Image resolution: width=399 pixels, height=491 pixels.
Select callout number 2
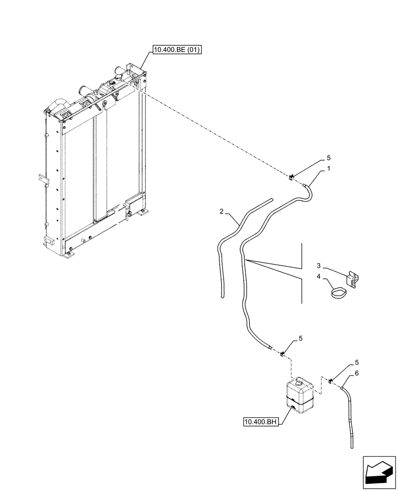(x=222, y=211)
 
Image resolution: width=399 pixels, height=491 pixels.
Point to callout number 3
(x=318, y=265)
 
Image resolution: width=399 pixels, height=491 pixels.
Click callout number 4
(x=318, y=277)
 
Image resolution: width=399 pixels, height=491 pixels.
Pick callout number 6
(x=357, y=373)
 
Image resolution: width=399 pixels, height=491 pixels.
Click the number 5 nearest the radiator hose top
(x=329, y=158)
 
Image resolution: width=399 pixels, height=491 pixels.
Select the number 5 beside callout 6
(x=357, y=363)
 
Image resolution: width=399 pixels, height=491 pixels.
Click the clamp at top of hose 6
(x=331, y=382)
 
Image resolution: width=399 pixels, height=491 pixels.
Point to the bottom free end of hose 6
(x=352, y=446)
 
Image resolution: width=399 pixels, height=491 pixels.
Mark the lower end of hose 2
(x=222, y=296)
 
